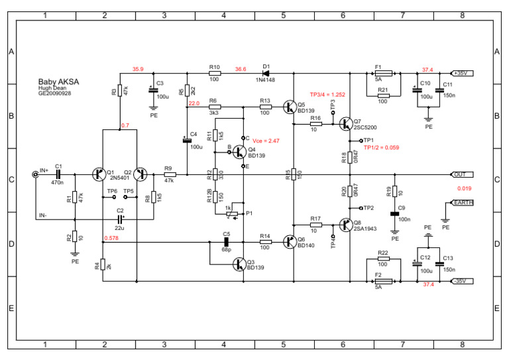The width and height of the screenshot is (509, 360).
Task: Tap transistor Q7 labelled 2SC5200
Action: pyautogui.click(x=345, y=124)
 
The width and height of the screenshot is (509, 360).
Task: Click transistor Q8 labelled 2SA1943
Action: pyautogui.click(x=345, y=225)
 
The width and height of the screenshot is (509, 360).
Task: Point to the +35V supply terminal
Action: pyautogui.click(x=462, y=74)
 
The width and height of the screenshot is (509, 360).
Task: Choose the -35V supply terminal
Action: pyautogui.click(x=462, y=281)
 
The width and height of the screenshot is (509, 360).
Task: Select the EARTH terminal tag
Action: pyautogui.click(x=462, y=203)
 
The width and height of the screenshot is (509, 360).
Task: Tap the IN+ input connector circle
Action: pyautogui.click(x=35, y=174)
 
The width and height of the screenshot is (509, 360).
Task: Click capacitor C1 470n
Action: pyautogui.click(x=58, y=174)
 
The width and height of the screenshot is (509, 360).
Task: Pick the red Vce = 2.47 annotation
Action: pyautogui.click(x=266, y=141)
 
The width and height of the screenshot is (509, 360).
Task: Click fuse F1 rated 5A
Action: pyautogui.click(x=383, y=74)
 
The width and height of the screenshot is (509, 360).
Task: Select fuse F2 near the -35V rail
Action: pyautogui.click(x=383, y=281)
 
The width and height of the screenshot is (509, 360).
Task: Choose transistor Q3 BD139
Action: pyautogui.click(x=240, y=265)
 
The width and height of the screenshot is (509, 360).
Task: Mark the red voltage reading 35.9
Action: pyautogui.click(x=139, y=69)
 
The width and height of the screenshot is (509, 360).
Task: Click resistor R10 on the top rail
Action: pyautogui.click(x=214, y=74)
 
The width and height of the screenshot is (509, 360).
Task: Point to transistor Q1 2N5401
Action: pyautogui.click(x=99, y=174)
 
